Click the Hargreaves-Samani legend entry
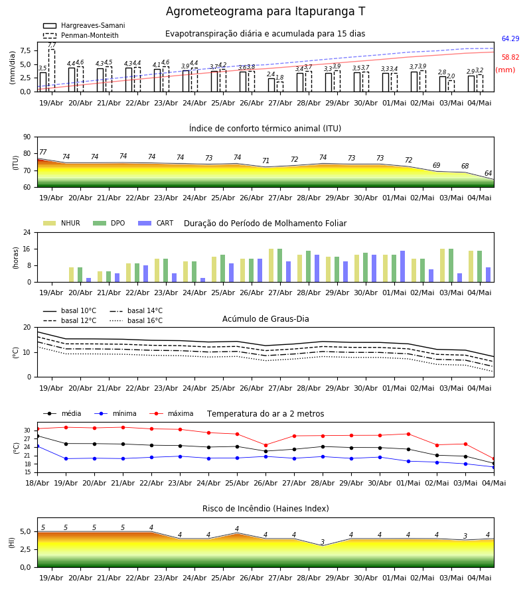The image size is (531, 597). [84, 25]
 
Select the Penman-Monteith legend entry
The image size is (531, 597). [81, 35]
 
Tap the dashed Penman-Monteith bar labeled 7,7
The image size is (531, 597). [51, 70]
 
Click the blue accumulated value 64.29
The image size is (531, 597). [510, 38]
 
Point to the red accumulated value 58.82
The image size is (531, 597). [510, 57]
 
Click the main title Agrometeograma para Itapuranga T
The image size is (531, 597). [265, 11]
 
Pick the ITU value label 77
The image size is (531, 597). [42, 152]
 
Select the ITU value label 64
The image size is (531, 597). [488, 173]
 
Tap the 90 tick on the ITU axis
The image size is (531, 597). [27, 137]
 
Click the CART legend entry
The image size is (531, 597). [156, 223]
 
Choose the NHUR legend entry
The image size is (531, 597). [62, 223]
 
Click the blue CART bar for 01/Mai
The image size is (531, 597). [403, 267]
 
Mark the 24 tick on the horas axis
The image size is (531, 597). [27, 232]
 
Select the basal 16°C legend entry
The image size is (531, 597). [136, 320]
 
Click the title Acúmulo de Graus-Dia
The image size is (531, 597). [265, 319]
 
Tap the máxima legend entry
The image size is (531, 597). [171, 413]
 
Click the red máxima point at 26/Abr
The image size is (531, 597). [266, 445]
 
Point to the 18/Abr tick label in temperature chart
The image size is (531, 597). [37, 483]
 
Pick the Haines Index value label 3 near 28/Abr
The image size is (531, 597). [323, 542]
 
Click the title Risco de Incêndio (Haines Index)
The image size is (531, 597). [265, 509]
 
